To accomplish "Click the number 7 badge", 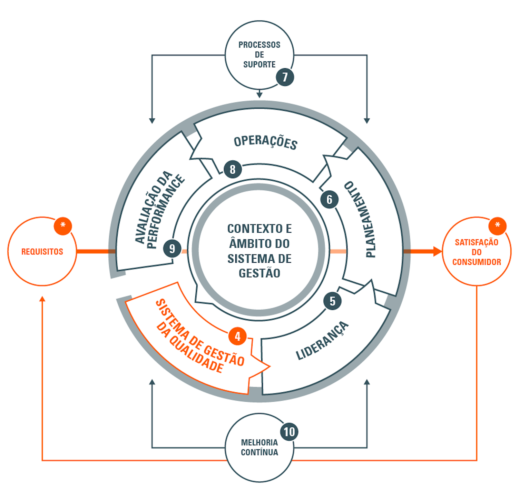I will (x=285, y=77).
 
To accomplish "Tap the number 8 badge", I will (x=233, y=169).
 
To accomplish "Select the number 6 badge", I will (x=329, y=199).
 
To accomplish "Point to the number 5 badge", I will (x=332, y=301).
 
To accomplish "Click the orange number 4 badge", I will (x=237, y=336).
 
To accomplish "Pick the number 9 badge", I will (x=172, y=249).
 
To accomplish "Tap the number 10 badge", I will (x=289, y=432).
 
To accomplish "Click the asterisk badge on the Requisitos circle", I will (x=63, y=226).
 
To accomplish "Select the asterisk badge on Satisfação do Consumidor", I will (x=497, y=226).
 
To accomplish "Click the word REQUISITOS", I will (x=42, y=252).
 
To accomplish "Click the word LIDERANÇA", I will (x=322, y=341).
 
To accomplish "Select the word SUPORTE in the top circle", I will (x=259, y=64).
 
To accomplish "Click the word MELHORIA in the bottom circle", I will (x=259, y=442).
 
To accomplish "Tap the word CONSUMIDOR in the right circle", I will (x=477, y=262).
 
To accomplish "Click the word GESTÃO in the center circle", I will (x=259, y=273).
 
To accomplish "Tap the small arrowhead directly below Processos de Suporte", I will (x=259, y=94).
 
